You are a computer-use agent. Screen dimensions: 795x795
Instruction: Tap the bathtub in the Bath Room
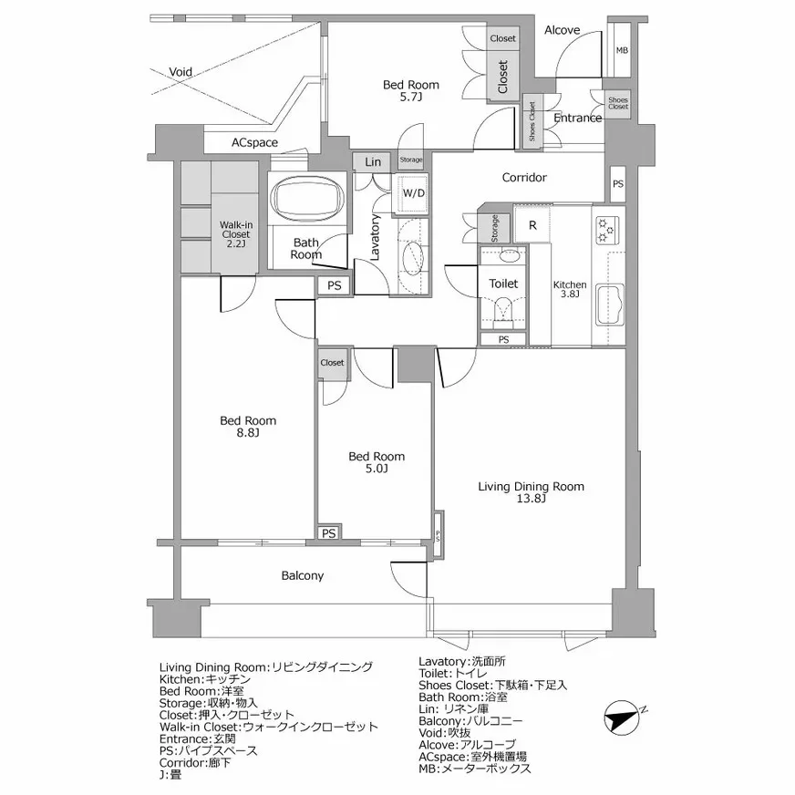coord(306,197)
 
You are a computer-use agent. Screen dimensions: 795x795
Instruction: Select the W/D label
coord(413,193)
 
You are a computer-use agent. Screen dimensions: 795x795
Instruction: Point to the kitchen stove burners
coord(606,230)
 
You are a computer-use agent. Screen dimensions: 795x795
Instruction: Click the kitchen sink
coord(608,305)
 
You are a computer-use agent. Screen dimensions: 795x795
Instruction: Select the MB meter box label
coord(621,51)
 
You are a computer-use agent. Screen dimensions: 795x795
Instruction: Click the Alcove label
coord(562,30)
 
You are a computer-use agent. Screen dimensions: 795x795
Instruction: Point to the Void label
coord(181,71)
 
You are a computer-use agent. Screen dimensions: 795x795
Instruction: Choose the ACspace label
coord(254,143)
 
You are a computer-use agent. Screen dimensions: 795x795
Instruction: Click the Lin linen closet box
coord(373,161)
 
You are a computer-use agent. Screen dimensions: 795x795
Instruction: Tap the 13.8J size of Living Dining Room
coord(531,501)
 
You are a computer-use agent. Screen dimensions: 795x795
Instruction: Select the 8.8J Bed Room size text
coord(247,434)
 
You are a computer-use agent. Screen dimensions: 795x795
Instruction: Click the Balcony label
coord(302,576)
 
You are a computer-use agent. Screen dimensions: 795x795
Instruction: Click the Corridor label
coord(524,178)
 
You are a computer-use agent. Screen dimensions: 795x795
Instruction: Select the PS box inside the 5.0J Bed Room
coord(329,533)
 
